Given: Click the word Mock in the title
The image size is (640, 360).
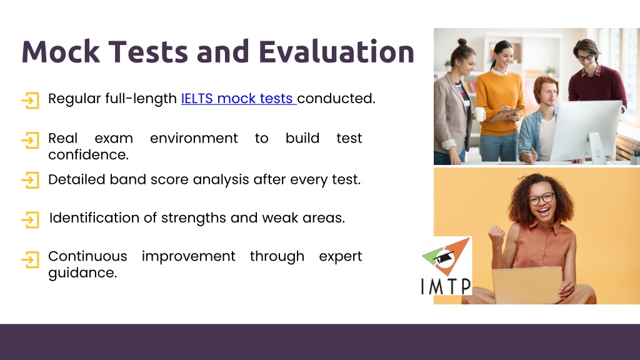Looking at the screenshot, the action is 61,52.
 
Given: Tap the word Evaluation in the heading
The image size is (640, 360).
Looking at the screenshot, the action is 336,52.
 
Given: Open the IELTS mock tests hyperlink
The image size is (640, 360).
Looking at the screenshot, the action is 238,98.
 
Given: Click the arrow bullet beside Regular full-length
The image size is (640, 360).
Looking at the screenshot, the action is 30,101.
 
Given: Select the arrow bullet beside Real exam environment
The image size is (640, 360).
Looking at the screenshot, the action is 30,140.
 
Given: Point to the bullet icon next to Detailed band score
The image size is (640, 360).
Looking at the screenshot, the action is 30,180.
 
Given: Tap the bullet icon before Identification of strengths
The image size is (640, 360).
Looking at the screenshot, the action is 30,219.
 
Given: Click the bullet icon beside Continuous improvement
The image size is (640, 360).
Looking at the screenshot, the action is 30,259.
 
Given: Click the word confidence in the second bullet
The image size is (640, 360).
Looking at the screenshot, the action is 88,155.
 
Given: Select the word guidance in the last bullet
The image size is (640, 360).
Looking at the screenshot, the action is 82,273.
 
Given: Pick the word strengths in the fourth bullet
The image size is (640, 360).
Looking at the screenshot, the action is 194,218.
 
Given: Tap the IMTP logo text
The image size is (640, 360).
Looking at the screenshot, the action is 446,286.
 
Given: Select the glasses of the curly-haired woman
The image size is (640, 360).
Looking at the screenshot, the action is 541,199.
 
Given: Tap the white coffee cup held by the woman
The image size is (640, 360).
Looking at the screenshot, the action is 479,114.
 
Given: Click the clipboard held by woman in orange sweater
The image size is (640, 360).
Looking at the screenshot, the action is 505,115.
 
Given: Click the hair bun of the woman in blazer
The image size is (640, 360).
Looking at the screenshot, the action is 462,42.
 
